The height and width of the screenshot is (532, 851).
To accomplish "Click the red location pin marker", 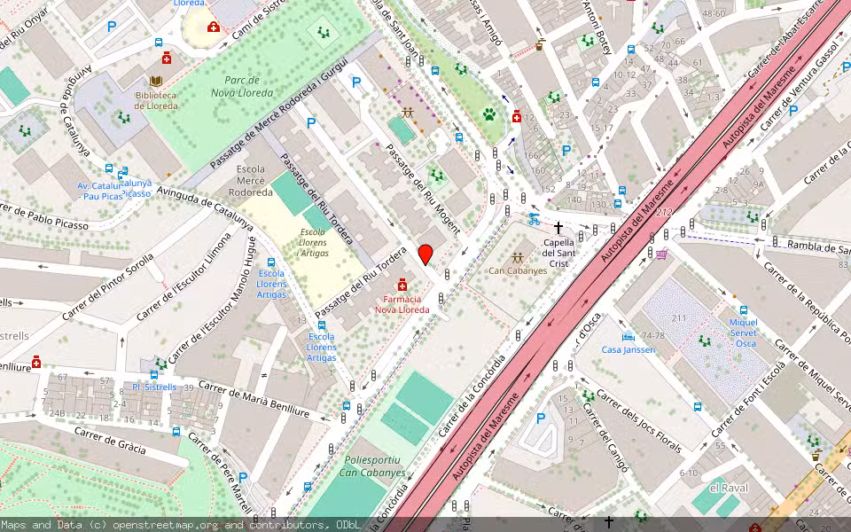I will (425, 254).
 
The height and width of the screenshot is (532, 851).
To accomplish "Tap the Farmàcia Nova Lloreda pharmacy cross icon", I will (403, 284).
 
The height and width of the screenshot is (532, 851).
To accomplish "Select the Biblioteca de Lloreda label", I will (155, 100).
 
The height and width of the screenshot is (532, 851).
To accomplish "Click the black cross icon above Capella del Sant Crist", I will (558, 228).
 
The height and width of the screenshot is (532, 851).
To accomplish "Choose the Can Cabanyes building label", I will (518, 270).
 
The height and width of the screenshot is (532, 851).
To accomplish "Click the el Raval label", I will (729, 488).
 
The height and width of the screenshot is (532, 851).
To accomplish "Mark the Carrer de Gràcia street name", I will (110, 440).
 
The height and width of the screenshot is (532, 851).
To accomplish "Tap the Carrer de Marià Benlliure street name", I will (254, 399).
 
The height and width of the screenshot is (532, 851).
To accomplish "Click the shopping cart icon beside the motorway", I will (661, 254).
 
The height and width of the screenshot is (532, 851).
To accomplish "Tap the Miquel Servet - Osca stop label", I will (743, 332).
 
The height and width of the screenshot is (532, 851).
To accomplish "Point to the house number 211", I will (679, 318).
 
